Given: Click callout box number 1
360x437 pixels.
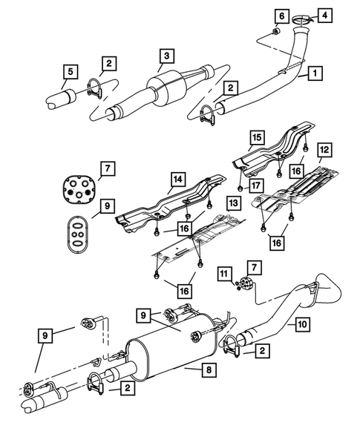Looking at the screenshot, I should [x=315, y=73].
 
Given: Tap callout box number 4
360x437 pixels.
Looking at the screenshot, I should [x=325, y=15].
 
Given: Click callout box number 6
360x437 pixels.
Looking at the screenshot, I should [x=281, y=16].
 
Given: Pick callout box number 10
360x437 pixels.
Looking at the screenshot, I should [x=301, y=324].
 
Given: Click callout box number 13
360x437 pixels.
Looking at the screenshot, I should [x=232, y=202].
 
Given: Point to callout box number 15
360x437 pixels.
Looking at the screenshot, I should [x=256, y=138].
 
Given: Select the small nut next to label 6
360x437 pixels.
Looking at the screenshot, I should [x=277, y=31].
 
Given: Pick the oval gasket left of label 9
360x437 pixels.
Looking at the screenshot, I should [x=76, y=231].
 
